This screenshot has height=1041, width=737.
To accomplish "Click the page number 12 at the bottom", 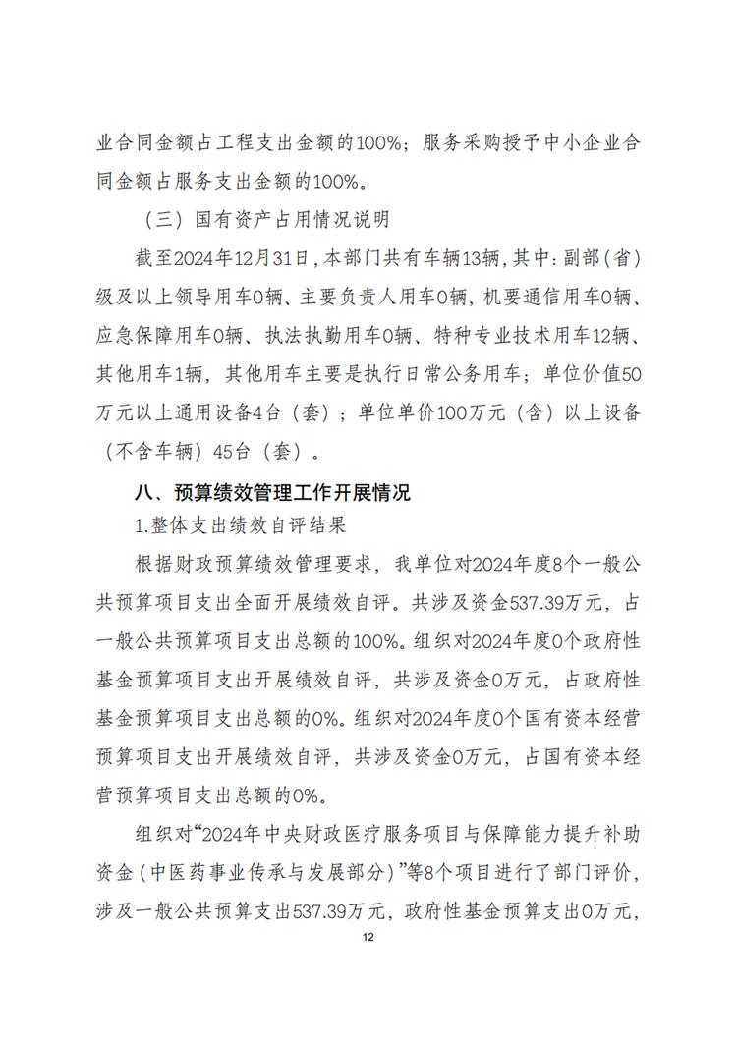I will pyautogui.click(x=368, y=938).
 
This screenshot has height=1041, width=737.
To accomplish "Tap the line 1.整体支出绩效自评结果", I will pyautogui.click(x=240, y=525).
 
